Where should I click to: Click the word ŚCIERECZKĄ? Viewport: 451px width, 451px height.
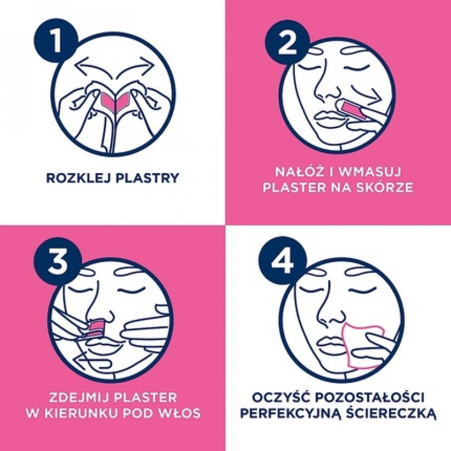coord(392,413)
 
